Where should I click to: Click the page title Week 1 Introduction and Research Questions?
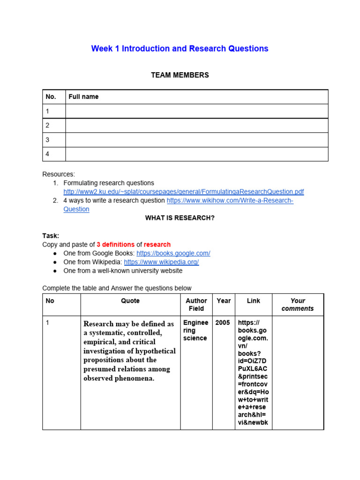[180, 48]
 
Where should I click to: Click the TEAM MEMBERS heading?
[180, 75]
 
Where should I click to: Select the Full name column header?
[83, 97]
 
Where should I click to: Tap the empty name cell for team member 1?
[196, 111]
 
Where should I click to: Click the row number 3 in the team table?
[47, 140]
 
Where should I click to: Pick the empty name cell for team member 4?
[196, 154]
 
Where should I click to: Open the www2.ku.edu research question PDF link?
[183, 192]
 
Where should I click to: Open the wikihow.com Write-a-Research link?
[230, 201]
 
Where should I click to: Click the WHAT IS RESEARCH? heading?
[180, 218]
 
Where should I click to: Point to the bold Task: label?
[51, 236]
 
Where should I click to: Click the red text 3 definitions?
[115, 245]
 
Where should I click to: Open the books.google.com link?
[173, 253]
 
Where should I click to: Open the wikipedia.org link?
[161, 262]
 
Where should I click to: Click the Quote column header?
[130, 301]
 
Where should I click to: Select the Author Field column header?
[196, 305]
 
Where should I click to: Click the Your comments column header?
[298, 305]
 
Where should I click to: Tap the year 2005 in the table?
[223, 323]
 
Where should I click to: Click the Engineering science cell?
[195, 330]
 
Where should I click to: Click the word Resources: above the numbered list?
[59, 174]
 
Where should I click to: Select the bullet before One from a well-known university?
[55, 271]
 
